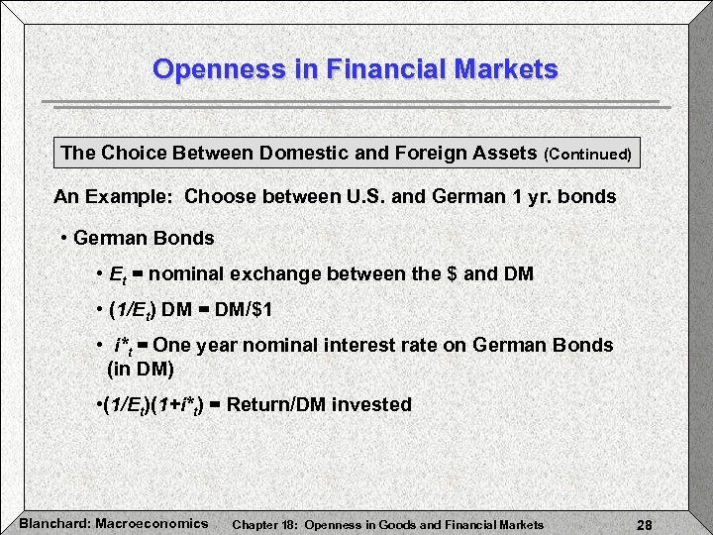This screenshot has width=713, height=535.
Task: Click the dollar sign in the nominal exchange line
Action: [453, 274]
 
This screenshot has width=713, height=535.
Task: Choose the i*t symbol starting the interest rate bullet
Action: [125, 347]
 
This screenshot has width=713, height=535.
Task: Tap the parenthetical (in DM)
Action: [140, 370]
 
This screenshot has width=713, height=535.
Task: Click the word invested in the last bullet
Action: [373, 404]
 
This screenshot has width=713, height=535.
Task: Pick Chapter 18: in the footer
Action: [266, 524]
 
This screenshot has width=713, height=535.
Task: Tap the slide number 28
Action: [643, 524]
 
